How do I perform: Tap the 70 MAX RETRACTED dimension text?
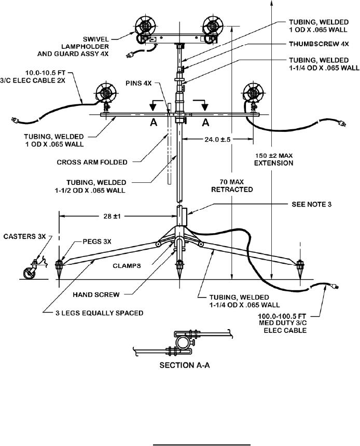tap(232, 185)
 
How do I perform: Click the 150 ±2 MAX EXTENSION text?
tap(273, 159)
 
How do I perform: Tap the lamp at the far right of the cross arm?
tap(254, 94)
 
